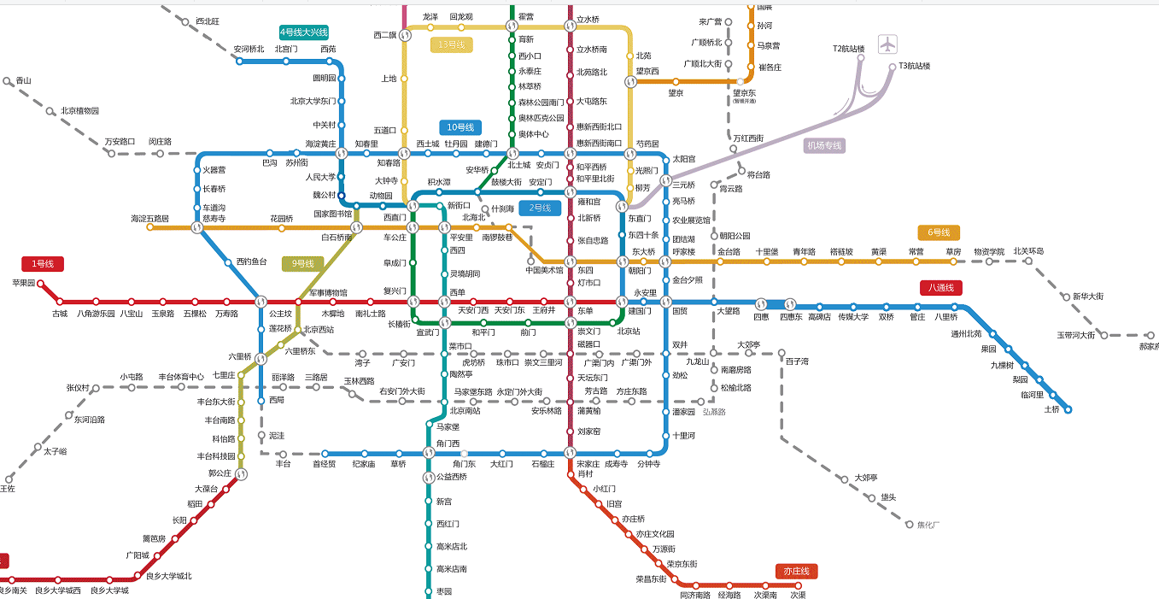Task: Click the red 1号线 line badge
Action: click(x=43, y=264)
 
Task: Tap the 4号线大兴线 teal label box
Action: click(x=304, y=32)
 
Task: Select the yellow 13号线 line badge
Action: click(x=451, y=45)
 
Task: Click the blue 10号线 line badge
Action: click(x=460, y=127)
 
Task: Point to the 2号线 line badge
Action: click(x=540, y=208)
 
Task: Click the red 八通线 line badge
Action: click(x=942, y=288)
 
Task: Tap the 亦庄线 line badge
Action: click(x=798, y=571)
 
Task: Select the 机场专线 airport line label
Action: click(x=825, y=146)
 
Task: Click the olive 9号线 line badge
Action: click(x=303, y=263)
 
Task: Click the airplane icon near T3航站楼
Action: click(x=889, y=44)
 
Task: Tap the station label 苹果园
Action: click(x=24, y=283)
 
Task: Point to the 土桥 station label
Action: click(x=1051, y=409)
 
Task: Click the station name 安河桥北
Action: click(x=249, y=49)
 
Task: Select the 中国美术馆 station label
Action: click(x=545, y=271)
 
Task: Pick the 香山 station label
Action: click(x=23, y=80)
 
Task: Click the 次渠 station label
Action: click(x=798, y=595)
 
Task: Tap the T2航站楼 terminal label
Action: click(x=849, y=49)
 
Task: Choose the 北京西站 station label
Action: click(x=319, y=330)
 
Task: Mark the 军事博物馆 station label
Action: click(x=328, y=292)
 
